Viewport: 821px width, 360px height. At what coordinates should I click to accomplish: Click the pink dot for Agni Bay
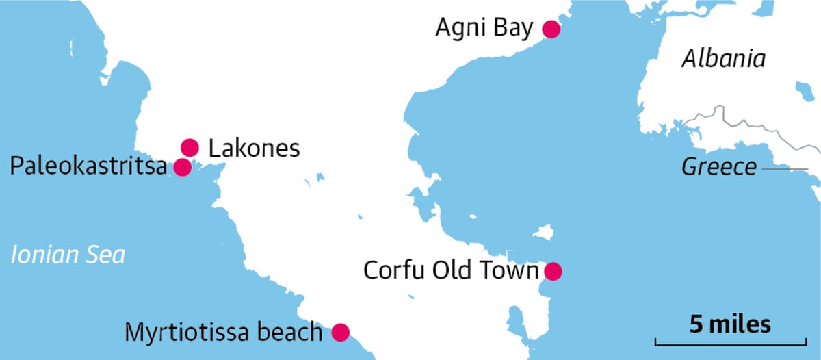click(x=551, y=29)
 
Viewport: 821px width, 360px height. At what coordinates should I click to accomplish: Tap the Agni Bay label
click(x=484, y=29)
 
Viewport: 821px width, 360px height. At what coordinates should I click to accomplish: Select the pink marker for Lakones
click(x=190, y=147)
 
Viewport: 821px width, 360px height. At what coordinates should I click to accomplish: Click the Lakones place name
click(x=254, y=148)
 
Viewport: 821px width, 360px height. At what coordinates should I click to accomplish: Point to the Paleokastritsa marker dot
click(x=182, y=167)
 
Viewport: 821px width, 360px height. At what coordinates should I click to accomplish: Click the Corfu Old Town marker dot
click(x=553, y=271)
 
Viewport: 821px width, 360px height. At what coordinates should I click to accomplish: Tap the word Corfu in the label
click(x=393, y=271)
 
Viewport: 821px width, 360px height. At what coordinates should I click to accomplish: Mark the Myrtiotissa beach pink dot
click(x=340, y=333)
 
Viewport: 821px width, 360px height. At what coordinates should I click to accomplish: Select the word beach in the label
click(x=288, y=333)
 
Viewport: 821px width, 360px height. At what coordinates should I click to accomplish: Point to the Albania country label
click(x=723, y=59)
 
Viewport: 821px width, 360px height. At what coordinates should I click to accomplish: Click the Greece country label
click(x=719, y=167)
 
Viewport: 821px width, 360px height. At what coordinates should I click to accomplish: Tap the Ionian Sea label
click(x=68, y=255)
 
